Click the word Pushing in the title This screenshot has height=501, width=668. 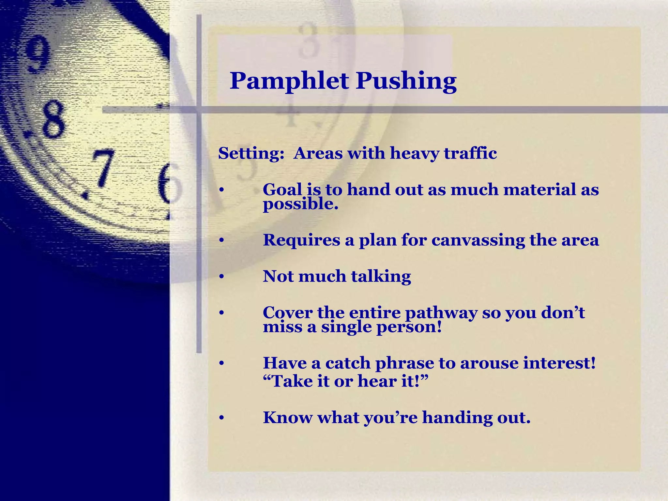point(406,81)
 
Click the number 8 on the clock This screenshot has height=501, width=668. point(52,119)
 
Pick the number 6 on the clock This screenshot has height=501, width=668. point(168,183)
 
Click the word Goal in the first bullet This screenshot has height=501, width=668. point(282,190)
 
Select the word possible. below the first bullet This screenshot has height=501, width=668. point(300,205)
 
